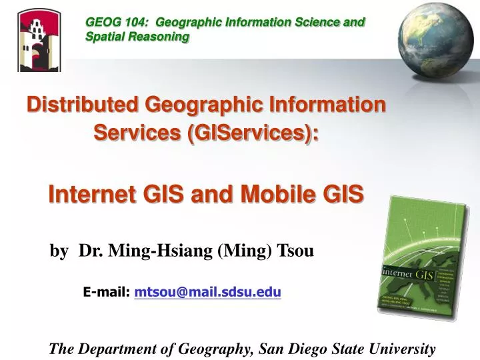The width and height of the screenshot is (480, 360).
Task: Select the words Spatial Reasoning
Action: tap(137, 37)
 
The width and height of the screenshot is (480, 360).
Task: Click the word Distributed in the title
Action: tap(82, 105)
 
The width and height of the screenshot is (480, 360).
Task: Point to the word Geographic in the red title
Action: tap(203, 105)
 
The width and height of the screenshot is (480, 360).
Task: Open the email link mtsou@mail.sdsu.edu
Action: tap(207, 291)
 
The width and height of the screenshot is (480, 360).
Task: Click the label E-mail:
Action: tap(106, 291)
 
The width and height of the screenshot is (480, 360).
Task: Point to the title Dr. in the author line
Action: tap(91, 251)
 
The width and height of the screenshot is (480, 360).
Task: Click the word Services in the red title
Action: tap(137, 133)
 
